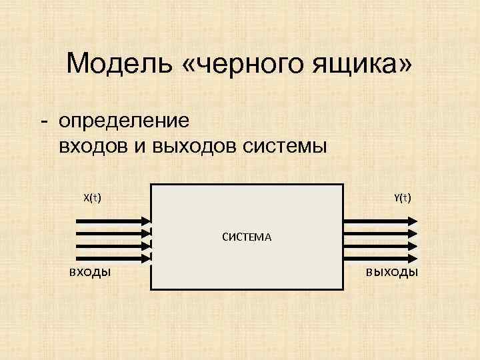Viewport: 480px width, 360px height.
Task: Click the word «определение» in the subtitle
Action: click(124, 121)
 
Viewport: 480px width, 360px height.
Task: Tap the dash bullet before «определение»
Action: click(43, 122)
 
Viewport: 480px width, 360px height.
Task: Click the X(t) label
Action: click(92, 197)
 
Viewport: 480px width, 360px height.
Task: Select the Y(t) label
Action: click(403, 197)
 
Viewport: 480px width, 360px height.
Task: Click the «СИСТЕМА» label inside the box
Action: click(247, 236)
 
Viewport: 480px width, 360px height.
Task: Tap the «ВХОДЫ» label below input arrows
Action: click(90, 272)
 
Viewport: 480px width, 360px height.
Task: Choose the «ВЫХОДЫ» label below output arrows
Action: click(391, 272)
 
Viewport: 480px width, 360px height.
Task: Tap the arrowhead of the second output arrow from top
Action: click(413, 234)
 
